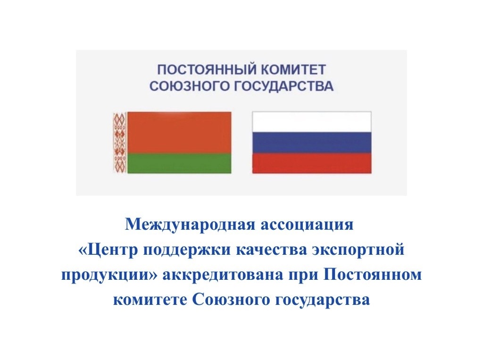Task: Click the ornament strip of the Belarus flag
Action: click(120, 142)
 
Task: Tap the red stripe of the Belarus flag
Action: click(179, 132)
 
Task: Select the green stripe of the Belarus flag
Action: click(179, 163)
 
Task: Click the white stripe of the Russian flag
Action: click(312, 122)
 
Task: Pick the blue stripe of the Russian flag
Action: click(312, 142)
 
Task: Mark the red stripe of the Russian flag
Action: click(312, 163)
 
